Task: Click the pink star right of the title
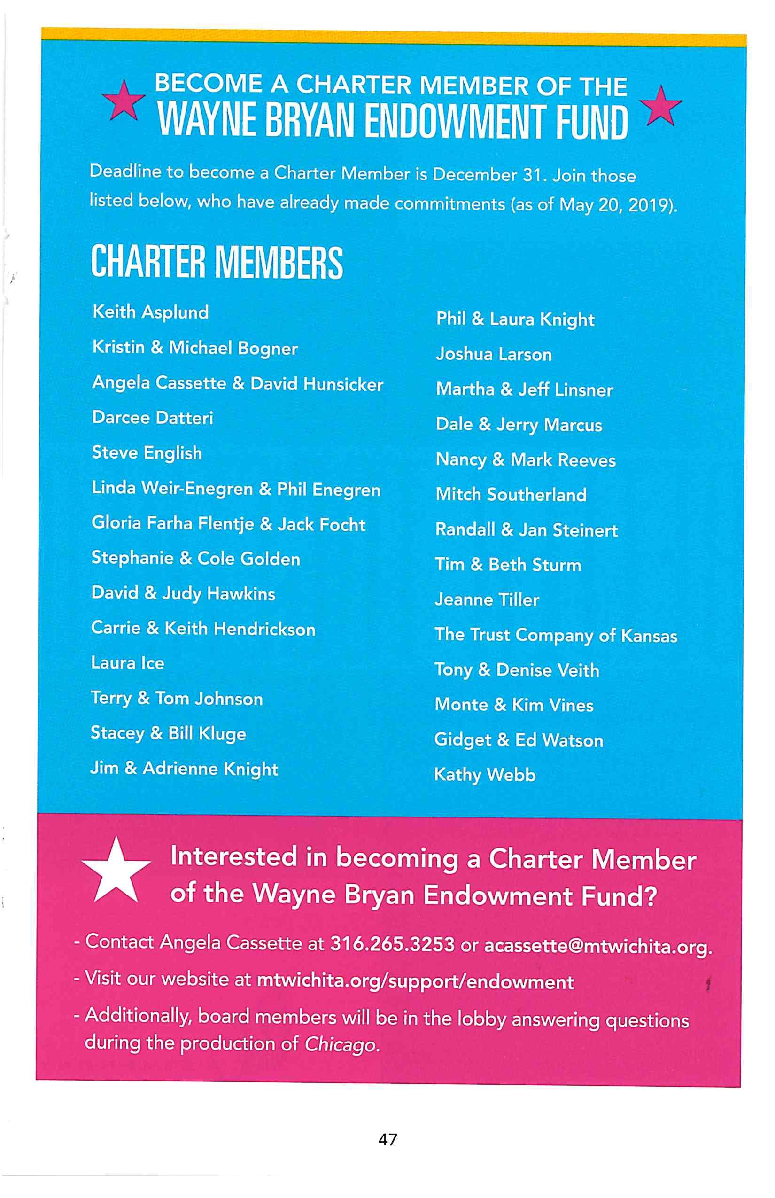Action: click(x=660, y=106)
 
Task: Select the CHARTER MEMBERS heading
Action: click(x=217, y=262)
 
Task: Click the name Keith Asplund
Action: click(x=150, y=312)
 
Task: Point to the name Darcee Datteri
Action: click(x=153, y=418)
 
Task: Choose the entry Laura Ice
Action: click(x=127, y=663)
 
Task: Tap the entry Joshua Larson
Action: click(x=494, y=354)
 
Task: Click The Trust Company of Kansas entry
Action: click(x=556, y=635)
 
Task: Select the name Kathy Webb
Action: click(x=485, y=775)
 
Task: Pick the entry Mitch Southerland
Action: click(x=511, y=495)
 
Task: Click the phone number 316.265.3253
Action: click(x=392, y=944)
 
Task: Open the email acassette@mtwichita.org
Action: click(x=597, y=946)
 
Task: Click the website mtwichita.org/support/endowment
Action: click(x=415, y=981)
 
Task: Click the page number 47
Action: click(x=387, y=1139)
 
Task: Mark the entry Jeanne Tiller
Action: click(x=487, y=599)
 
